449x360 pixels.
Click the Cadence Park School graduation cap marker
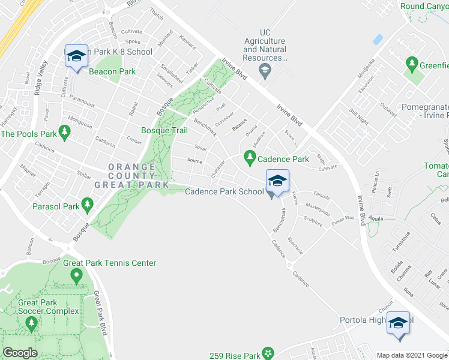click(x=277, y=181)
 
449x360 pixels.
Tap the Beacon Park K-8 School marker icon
click(x=76, y=56)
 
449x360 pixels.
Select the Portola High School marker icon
click(x=398, y=323)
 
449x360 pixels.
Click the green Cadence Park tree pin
click(x=250, y=158)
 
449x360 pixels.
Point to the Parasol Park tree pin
click(x=87, y=205)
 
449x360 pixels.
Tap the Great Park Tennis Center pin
click(x=76, y=276)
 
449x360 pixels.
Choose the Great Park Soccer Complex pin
click(x=31, y=325)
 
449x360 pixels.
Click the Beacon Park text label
click(x=112, y=71)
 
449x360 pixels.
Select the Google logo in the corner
click(x=20, y=353)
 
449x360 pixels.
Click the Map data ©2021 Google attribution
click(x=412, y=355)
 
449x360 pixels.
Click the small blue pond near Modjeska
click(x=378, y=40)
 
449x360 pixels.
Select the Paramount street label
click(x=82, y=96)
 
